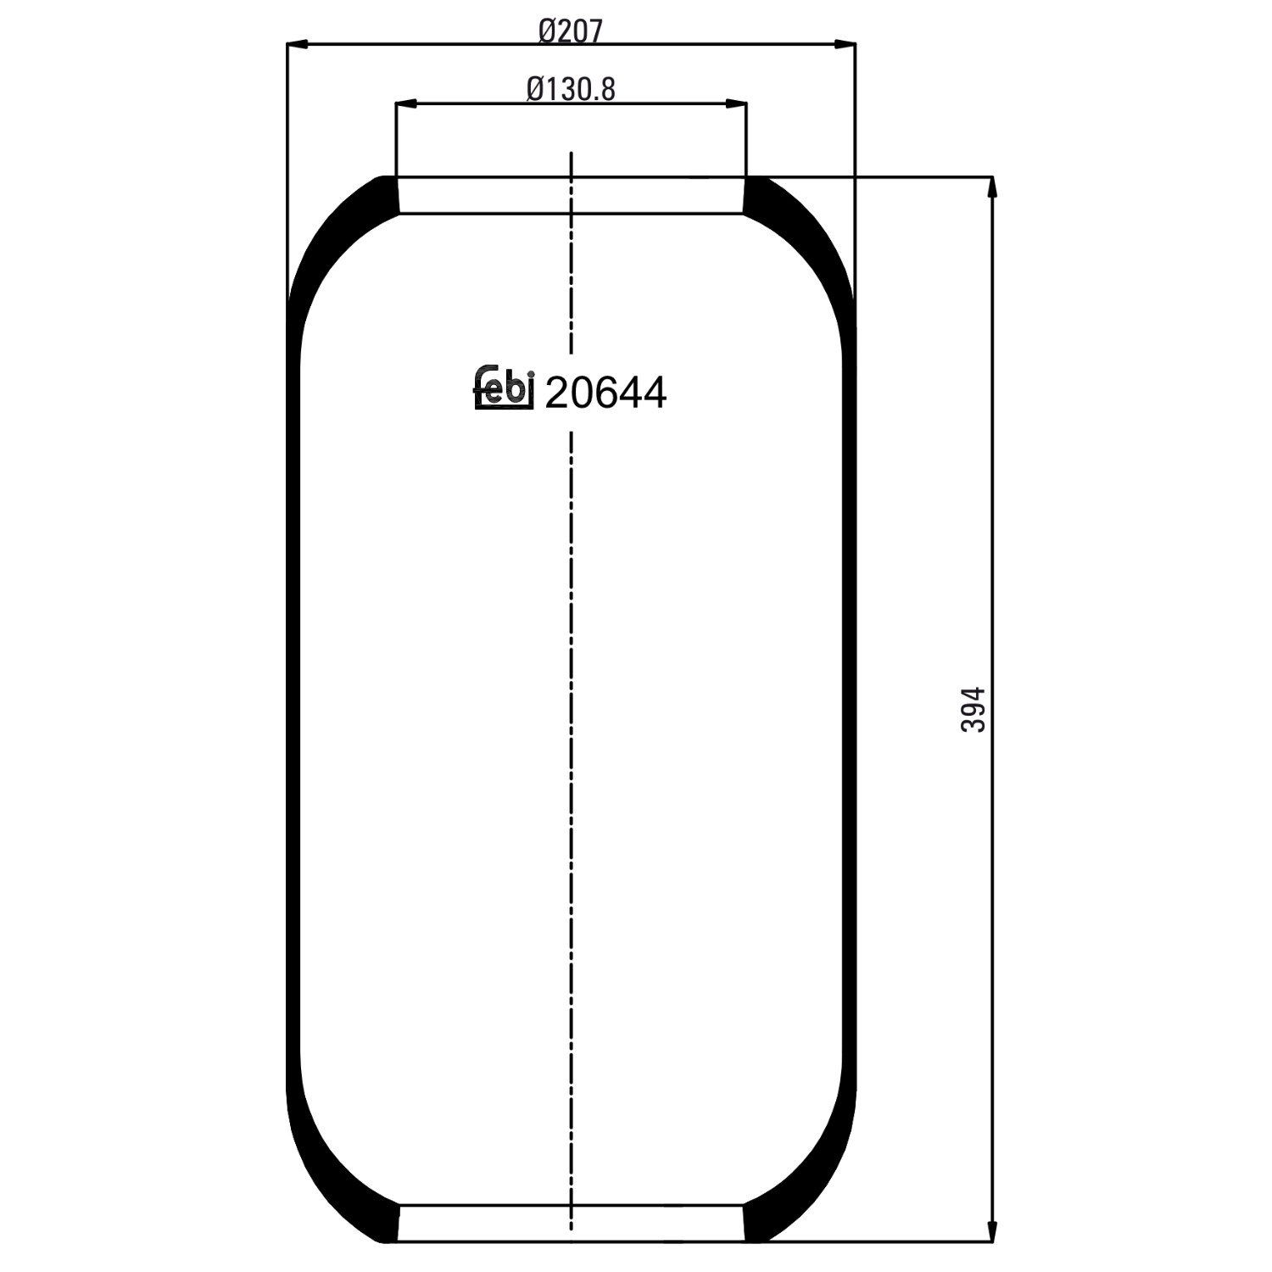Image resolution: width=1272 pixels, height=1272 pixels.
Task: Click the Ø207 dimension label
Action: (x=571, y=31)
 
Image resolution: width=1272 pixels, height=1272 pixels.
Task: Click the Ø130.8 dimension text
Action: (x=571, y=89)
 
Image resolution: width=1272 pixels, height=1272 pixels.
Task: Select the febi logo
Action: (x=503, y=389)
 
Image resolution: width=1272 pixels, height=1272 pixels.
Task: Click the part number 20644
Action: (x=605, y=393)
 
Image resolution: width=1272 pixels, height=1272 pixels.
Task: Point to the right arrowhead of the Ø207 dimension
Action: (x=845, y=43)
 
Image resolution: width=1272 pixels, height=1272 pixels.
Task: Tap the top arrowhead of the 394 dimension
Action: (x=992, y=187)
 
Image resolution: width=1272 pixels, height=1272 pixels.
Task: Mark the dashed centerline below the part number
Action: (x=572, y=763)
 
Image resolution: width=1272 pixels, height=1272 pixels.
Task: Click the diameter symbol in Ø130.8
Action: (x=535, y=89)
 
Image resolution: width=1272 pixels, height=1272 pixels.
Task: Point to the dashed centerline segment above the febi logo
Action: (x=572, y=254)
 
